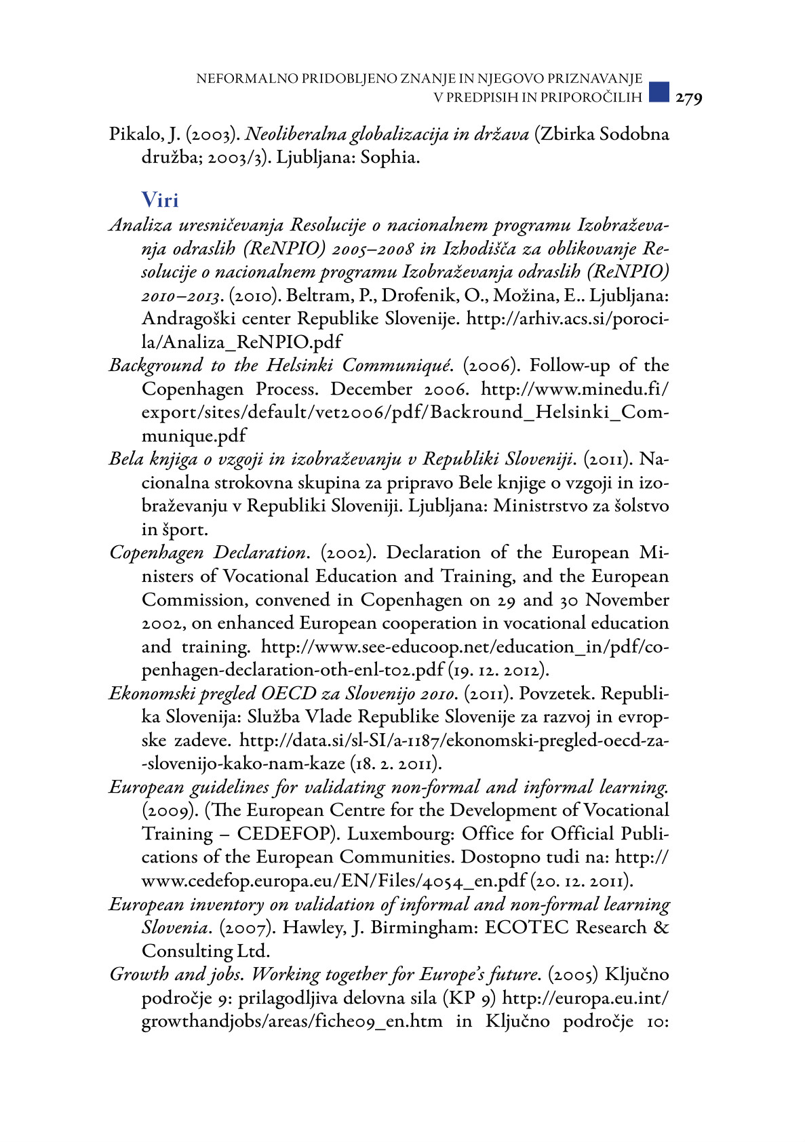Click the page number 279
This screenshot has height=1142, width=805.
(x=688, y=98)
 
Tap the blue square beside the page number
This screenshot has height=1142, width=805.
(x=659, y=92)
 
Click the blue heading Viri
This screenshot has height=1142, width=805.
(x=160, y=200)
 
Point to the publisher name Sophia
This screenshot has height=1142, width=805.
(x=389, y=158)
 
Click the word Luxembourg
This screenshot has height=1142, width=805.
(x=402, y=833)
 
